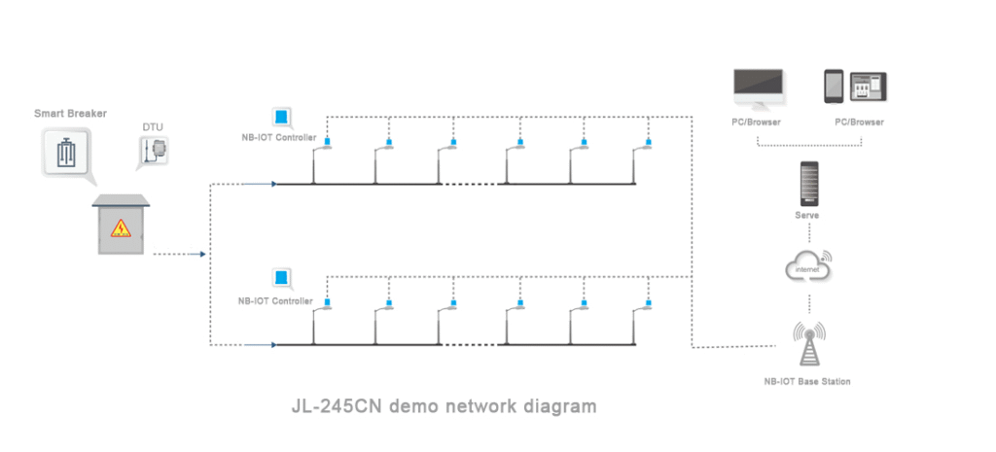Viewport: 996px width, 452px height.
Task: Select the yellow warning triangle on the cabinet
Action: [x=121, y=227]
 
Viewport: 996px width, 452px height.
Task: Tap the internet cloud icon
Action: [x=808, y=265]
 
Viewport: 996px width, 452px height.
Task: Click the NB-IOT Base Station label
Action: [x=807, y=382]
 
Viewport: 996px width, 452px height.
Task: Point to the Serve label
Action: [x=807, y=215]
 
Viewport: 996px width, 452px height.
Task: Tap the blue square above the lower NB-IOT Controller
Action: [x=281, y=277]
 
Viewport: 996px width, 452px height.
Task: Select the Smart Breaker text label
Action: [x=70, y=114]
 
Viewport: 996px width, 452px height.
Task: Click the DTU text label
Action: [x=153, y=126]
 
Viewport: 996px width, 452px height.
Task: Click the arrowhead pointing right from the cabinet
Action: [x=203, y=255]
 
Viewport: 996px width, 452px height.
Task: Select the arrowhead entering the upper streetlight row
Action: [x=274, y=183]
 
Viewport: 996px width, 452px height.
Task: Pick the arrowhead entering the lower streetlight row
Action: [x=274, y=344]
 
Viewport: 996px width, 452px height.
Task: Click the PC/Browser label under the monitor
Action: [x=757, y=122]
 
